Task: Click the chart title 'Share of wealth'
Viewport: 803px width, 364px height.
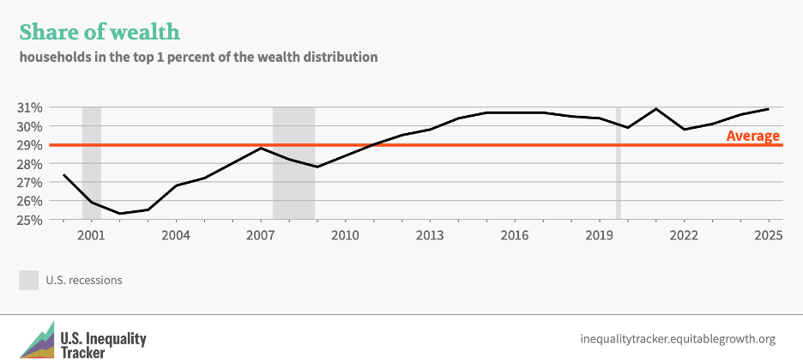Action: pos(100,33)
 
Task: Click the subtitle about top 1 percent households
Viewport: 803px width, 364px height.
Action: pos(198,58)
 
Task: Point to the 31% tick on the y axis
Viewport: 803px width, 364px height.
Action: pos(30,107)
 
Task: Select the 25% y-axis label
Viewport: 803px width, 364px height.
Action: pos(30,220)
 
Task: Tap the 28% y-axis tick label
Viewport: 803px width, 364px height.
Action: pos(30,164)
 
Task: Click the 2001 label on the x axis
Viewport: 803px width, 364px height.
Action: pos(91,236)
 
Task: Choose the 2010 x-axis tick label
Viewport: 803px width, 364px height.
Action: pos(345,236)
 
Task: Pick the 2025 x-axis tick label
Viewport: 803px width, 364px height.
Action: pos(768,236)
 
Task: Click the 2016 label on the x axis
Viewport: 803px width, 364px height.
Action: pos(514,236)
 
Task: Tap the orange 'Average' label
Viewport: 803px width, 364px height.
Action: pos(752,136)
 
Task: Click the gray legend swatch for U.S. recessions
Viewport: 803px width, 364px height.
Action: pos(28,280)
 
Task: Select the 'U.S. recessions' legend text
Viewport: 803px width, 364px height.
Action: pos(84,280)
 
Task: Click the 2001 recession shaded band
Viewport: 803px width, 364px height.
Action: pos(92,163)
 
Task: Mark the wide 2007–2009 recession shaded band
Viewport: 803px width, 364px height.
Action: pos(293,163)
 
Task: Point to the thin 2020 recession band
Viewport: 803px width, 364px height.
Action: pos(618,163)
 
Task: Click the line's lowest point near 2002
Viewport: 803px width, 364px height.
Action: pos(119,214)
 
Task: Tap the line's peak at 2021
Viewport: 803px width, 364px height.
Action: pos(655,109)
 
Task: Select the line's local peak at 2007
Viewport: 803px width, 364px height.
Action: pos(261,149)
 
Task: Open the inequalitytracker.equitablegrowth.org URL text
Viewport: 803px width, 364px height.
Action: pos(678,339)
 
